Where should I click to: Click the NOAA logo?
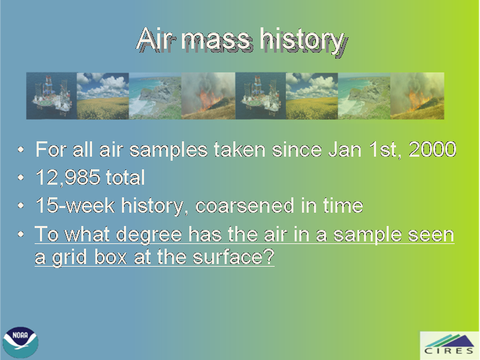[21, 342]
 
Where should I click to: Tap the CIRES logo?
[449, 345]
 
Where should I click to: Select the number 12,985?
[68, 177]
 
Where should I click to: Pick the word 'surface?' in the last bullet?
[233, 257]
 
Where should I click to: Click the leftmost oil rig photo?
[51, 96]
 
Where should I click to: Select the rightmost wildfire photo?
[417, 96]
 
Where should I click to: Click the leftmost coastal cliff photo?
[155, 96]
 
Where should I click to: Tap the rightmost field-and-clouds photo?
[312, 96]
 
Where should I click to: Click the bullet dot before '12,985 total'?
[21, 177]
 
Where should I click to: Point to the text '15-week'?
[75, 205]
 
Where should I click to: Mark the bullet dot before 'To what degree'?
[21, 235]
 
